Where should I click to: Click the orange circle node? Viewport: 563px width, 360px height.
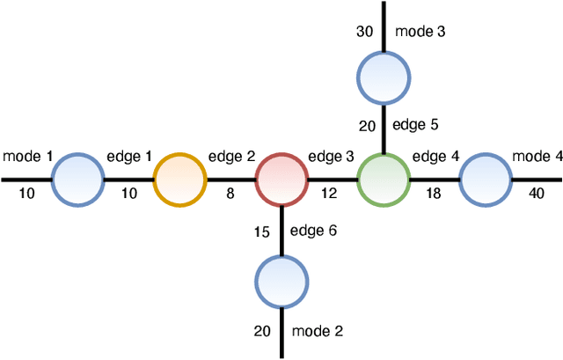pyautogui.click(x=179, y=180)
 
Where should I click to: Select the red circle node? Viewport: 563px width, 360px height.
pyautogui.click(x=281, y=180)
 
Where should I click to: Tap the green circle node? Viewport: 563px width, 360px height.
pyautogui.click(x=384, y=180)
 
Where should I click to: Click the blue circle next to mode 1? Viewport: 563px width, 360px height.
pyautogui.click(x=78, y=180)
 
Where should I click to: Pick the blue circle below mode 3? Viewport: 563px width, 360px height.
pyautogui.click(x=384, y=78)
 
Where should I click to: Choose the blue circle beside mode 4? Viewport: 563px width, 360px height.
pyautogui.click(x=486, y=180)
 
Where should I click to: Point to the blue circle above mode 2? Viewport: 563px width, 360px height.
pyautogui.click(x=281, y=282)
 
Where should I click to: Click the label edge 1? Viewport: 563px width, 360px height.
pyautogui.click(x=129, y=158)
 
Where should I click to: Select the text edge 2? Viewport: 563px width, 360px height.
pyautogui.click(x=231, y=158)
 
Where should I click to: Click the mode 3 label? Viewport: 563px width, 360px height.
pyautogui.click(x=420, y=32)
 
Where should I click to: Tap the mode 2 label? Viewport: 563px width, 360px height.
pyautogui.click(x=317, y=331)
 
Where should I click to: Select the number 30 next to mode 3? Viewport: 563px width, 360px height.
pyautogui.click(x=365, y=32)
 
